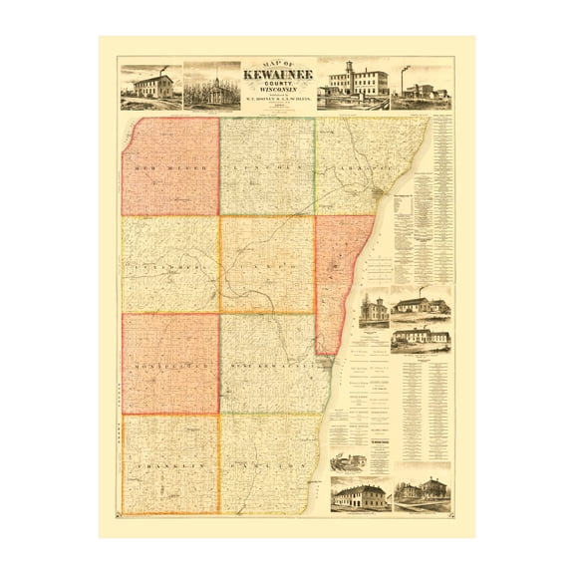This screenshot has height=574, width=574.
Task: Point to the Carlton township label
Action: tap(267, 465)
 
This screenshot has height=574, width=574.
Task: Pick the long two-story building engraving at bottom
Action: tap(359, 494)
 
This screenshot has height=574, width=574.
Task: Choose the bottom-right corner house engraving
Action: tap(423, 494)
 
